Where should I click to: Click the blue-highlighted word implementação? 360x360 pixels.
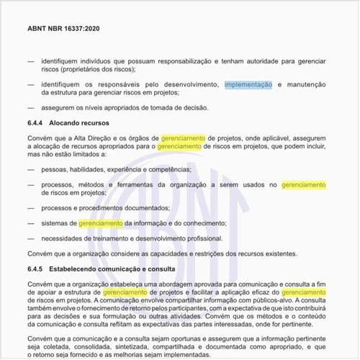pos(248,85)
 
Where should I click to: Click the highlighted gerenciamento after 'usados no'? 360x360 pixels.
pos(304,185)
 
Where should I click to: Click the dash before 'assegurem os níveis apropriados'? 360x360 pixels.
pos(30,107)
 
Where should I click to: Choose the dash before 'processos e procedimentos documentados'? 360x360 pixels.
pos(30,208)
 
